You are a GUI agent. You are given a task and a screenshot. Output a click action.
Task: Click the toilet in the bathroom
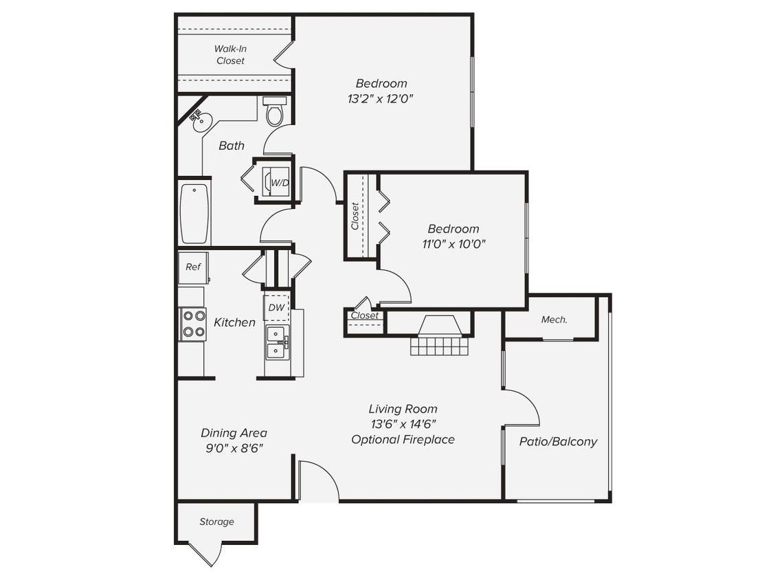coord(275,112)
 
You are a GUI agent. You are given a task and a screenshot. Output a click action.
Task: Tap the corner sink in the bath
coord(201,122)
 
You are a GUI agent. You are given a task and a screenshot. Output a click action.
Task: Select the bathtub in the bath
coord(194,212)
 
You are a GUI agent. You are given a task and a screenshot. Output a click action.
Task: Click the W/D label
coord(279,183)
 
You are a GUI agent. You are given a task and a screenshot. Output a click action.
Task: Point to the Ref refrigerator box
coord(193,267)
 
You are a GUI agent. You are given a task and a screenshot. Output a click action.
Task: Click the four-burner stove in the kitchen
coord(194,324)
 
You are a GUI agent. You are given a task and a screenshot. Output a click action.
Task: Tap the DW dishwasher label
coord(276,307)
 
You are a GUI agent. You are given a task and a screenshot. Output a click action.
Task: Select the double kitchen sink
coord(277,342)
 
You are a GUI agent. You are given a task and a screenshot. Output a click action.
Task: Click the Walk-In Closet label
coord(230,54)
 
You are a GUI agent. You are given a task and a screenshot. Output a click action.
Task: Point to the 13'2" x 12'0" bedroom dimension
coord(381,99)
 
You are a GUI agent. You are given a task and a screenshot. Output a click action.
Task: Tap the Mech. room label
coord(554,320)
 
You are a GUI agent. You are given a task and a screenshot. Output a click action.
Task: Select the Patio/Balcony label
coord(558,442)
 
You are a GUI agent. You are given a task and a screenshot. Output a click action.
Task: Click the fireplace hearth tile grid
coord(440,346)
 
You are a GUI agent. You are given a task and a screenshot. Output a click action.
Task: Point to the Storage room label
coord(216,522)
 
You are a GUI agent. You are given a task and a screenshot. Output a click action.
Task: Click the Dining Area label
coord(234,433)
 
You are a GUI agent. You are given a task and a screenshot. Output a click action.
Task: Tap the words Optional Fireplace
coord(403,439)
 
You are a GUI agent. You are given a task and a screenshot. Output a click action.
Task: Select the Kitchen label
coord(234,322)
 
